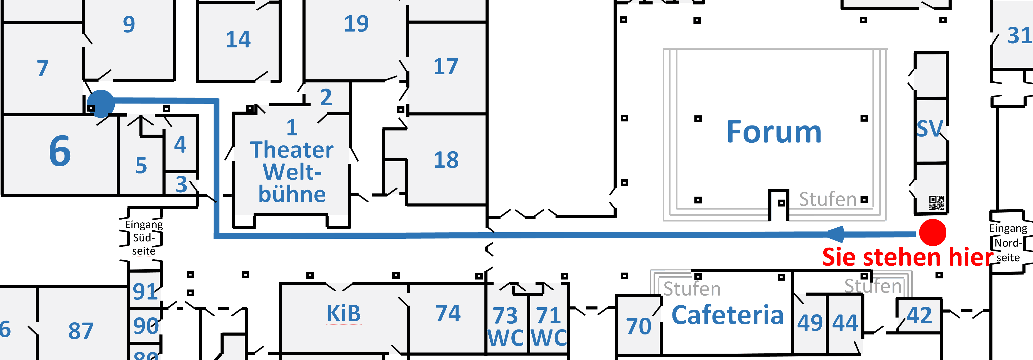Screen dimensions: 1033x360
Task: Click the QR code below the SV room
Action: click(937, 203)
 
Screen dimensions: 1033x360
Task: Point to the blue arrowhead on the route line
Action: click(836, 234)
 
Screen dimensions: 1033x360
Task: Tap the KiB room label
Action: click(344, 313)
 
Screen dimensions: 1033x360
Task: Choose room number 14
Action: click(238, 40)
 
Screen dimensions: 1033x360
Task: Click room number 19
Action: click(356, 24)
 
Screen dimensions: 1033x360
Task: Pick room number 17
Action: click(446, 67)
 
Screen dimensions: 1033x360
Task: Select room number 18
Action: click(446, 160)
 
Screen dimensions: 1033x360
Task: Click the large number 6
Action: click(60, 151)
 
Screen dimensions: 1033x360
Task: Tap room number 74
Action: click(448, 313)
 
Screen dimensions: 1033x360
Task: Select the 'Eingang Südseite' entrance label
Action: click(144, 238)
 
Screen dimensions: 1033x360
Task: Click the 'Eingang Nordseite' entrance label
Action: click(1008, 243)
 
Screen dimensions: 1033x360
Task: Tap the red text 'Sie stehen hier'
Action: click(907, 257)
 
